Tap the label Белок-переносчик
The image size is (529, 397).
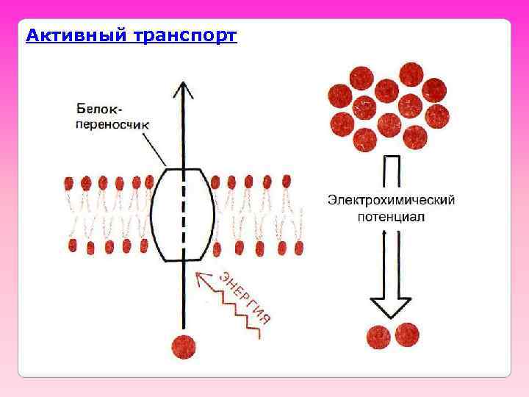110,118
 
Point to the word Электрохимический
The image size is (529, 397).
391,200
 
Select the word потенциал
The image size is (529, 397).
391,217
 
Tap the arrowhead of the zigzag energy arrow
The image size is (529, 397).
203,278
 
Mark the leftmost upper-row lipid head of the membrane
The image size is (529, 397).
70,182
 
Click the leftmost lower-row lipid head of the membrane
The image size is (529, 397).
73,246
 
